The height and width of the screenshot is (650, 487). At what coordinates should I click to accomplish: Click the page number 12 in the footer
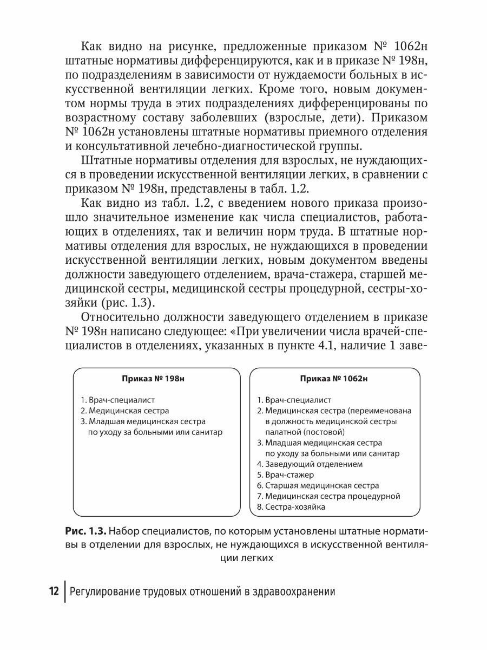54,591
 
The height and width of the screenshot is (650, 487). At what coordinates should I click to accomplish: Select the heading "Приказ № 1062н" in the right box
333,379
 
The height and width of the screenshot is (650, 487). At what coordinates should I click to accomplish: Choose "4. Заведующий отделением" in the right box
310,464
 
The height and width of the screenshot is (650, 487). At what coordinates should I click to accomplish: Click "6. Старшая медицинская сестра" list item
318,485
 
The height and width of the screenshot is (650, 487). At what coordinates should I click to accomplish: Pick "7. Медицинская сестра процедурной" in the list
328,496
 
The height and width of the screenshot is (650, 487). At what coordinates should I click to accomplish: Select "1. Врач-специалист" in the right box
294,400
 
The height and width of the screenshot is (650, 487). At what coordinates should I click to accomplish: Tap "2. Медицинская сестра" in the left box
124,411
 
